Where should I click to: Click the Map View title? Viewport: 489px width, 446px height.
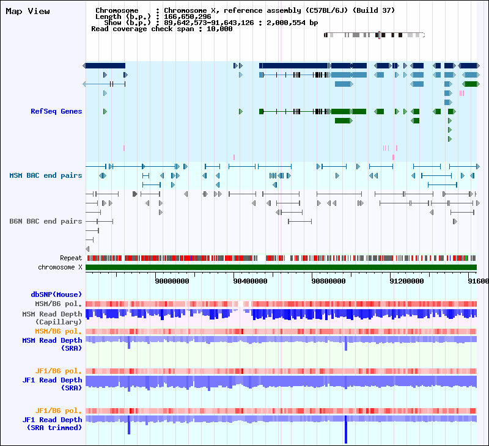point(28,11)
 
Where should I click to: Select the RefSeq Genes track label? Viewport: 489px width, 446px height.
point(56,111)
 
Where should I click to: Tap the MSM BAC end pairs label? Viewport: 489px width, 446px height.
point(45,175)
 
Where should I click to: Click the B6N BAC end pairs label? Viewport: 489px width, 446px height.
point(45,221)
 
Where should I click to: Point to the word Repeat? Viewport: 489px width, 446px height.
point(71,258)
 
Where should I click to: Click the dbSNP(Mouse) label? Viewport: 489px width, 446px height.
point(56,294)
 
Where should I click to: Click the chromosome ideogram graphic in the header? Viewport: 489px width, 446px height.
point(374,35)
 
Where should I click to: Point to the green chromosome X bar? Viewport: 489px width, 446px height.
point(281,267)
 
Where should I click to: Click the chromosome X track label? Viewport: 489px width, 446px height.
point(60,267)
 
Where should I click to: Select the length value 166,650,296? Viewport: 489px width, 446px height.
point(186,16)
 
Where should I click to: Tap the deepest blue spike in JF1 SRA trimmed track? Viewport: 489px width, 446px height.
point(345,431)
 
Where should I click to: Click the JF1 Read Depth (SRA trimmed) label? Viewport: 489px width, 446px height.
point(52,423)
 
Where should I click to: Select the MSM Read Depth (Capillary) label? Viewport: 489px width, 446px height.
point(52,318)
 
